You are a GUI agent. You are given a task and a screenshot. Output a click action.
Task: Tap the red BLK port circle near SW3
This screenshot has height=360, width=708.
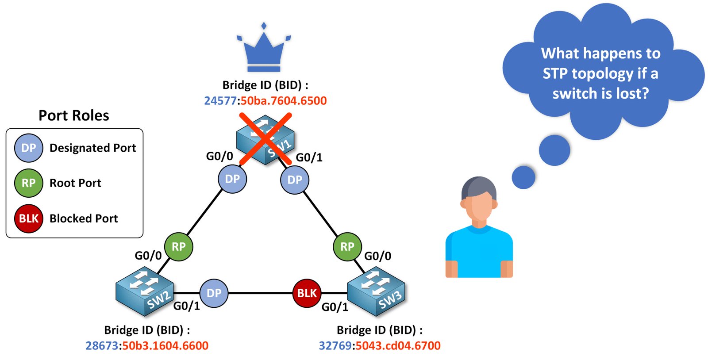pos(307,293)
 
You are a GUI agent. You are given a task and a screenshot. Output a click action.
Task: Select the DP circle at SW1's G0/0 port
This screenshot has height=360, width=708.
pos(232,179)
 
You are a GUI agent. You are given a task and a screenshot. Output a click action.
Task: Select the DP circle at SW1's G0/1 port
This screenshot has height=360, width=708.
pos(295,180)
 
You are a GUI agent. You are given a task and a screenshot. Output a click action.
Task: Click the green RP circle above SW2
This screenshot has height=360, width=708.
pos(178,247)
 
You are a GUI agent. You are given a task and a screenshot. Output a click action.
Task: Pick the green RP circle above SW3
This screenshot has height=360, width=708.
pos(347,247)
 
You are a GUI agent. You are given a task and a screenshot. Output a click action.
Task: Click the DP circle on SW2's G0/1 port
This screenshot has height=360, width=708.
pos(214,293)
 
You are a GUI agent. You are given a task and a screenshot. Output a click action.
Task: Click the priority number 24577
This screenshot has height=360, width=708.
pos(220,101)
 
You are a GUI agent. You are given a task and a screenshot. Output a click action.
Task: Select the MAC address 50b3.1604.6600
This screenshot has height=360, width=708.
pos(165,345)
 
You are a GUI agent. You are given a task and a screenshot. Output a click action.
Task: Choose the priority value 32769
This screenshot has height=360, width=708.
pos(335,345)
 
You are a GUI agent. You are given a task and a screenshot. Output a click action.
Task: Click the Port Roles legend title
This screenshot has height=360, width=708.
pos(74,115)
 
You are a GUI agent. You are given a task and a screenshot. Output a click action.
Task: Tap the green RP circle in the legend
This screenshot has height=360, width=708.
pos(28,183)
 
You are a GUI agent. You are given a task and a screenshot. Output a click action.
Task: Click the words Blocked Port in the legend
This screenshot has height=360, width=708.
pos(84,218)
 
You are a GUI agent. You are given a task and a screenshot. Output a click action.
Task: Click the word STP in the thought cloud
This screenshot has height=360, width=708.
pos(556,73)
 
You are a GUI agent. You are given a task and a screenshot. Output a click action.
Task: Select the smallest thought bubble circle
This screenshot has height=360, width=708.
pos(523,177)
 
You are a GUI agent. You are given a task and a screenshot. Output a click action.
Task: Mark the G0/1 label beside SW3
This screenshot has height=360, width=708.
pos(335,307)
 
